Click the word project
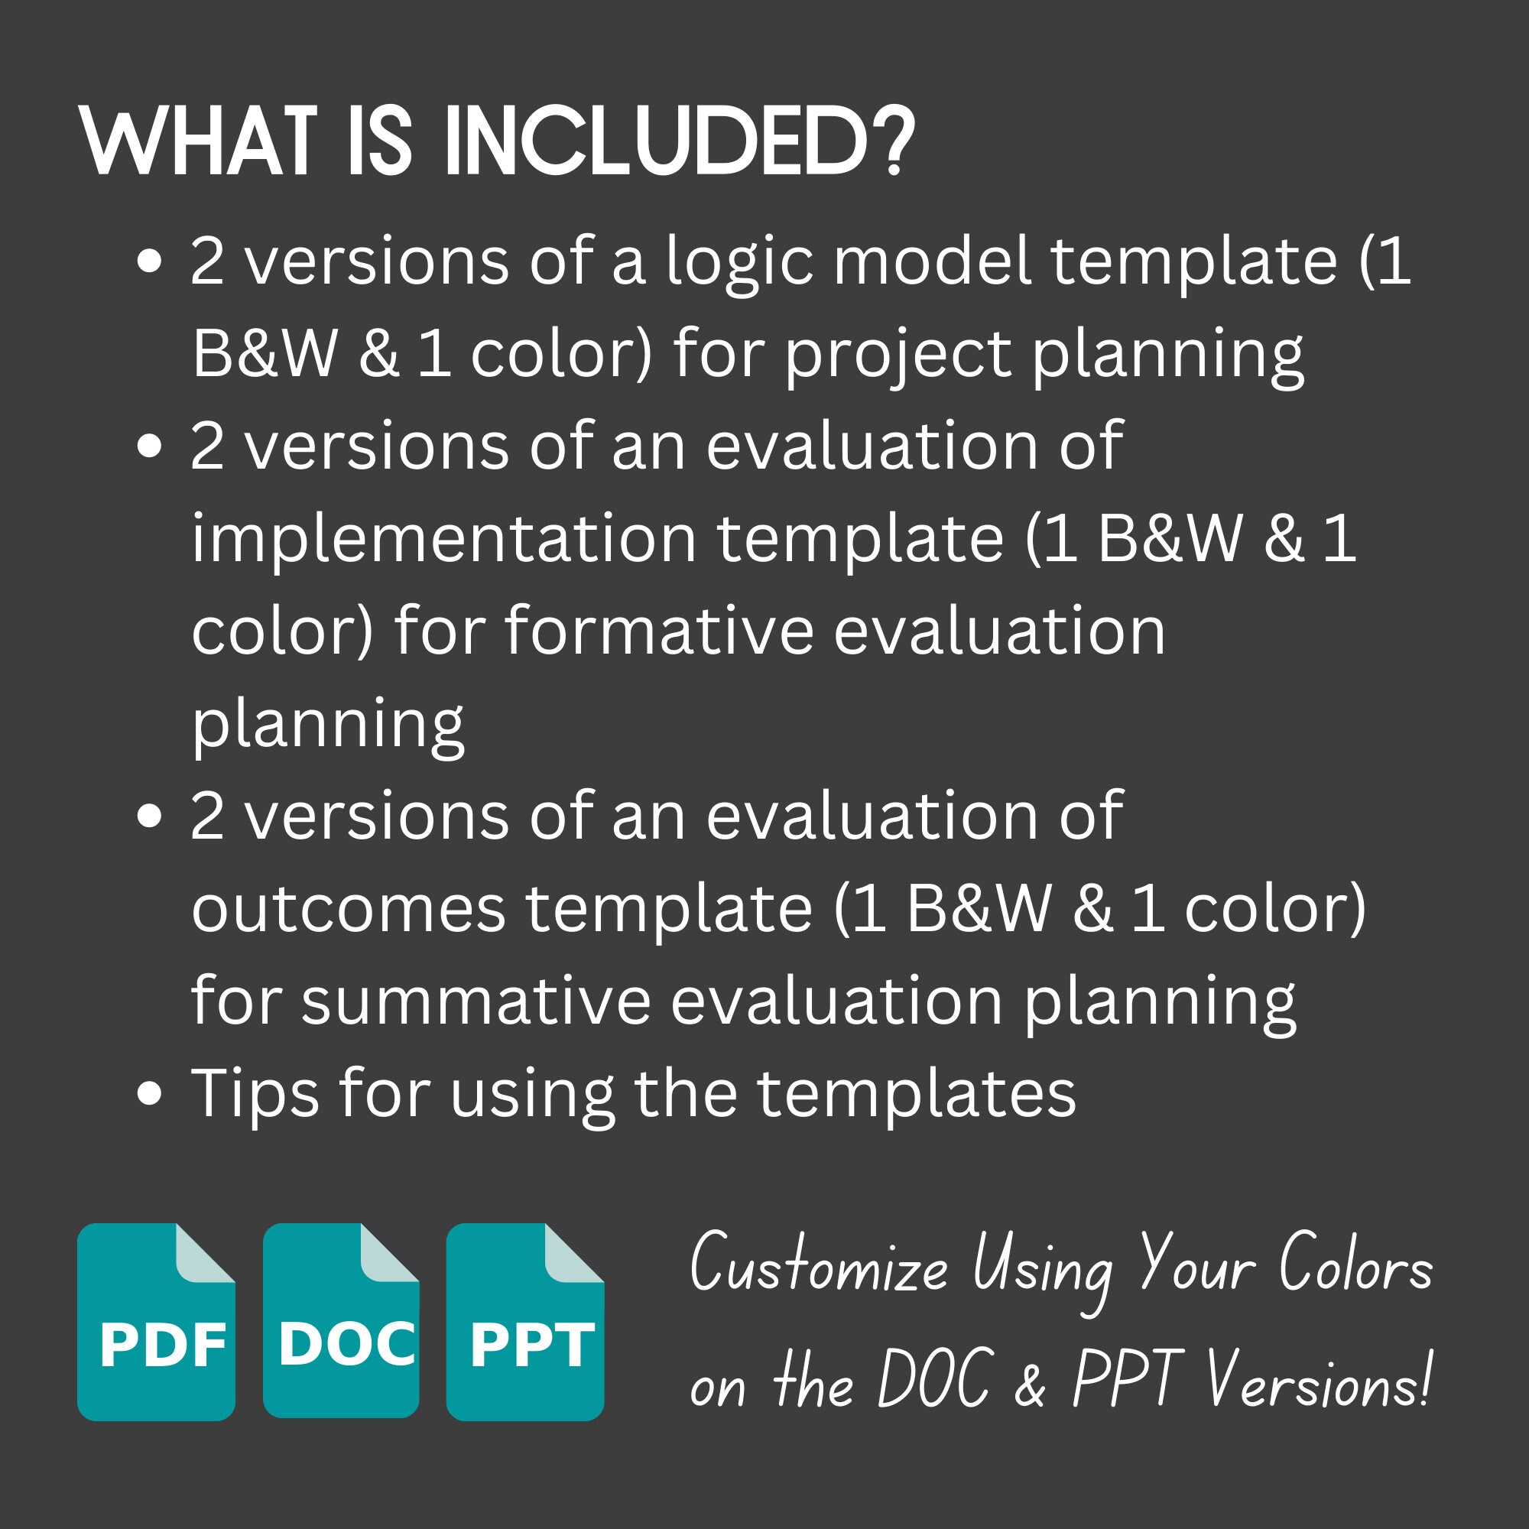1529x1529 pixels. (x=898, y=354)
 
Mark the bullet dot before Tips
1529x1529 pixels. (x=149, y=1094)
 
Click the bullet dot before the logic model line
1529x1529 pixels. (x=149, y=261)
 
